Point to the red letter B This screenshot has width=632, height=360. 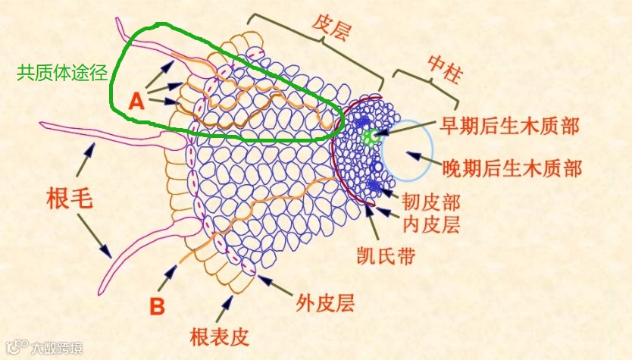(x=157, y=306)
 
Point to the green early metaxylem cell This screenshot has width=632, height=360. (x=370, y=137)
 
